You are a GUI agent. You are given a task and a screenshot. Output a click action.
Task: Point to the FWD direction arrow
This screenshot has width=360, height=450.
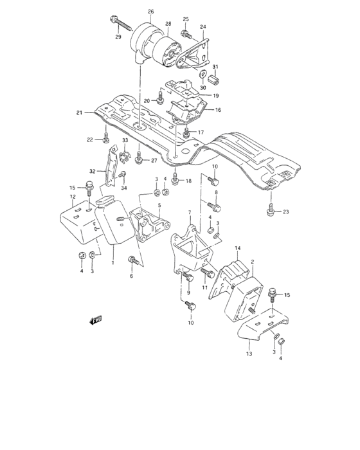98,319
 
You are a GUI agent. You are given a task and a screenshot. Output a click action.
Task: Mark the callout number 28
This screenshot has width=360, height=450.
168,24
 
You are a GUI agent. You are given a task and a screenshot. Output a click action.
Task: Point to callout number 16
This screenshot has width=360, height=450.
218,111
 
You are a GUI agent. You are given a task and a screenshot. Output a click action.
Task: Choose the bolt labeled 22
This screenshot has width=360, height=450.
105,138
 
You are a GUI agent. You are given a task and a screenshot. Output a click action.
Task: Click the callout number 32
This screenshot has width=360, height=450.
93,172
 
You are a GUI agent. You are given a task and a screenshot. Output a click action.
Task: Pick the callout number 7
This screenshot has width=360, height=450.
190,212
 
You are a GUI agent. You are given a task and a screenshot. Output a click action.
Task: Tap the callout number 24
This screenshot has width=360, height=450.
203,27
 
